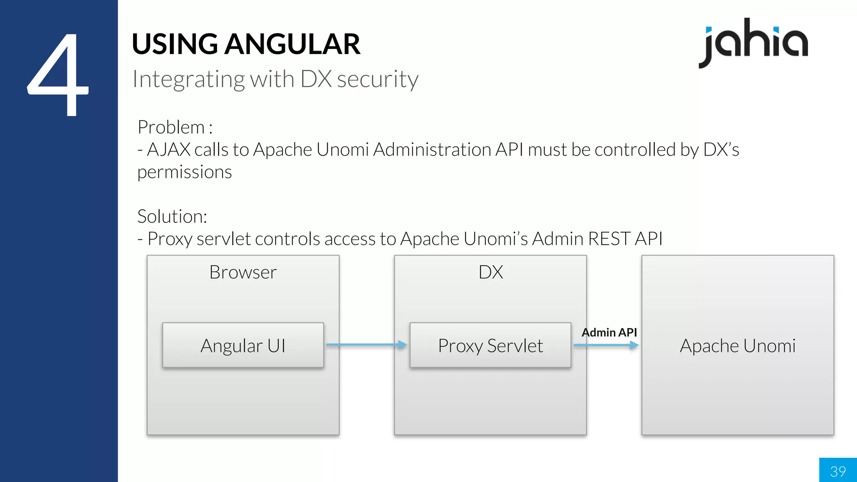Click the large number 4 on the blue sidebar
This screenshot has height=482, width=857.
(59, 75)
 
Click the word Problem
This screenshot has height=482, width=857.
(171, 127)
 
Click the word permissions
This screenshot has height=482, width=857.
(185, 172)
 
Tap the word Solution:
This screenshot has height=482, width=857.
(172, 217)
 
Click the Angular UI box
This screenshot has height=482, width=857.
(243, 346)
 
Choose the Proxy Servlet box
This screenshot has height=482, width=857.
(490, 346)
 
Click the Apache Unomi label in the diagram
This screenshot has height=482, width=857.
(737, 346)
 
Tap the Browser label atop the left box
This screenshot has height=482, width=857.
(243, 272)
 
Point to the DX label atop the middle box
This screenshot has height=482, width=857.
(490, 272)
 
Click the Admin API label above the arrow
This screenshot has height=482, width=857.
(609, 333)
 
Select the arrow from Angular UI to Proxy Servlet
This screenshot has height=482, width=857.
(366, 345)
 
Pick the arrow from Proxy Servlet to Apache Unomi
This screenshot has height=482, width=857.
(606, 345)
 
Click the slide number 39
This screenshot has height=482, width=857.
(838, 471)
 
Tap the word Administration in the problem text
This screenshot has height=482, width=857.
(432, 150)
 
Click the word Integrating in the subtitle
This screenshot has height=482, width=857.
(188, 79)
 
